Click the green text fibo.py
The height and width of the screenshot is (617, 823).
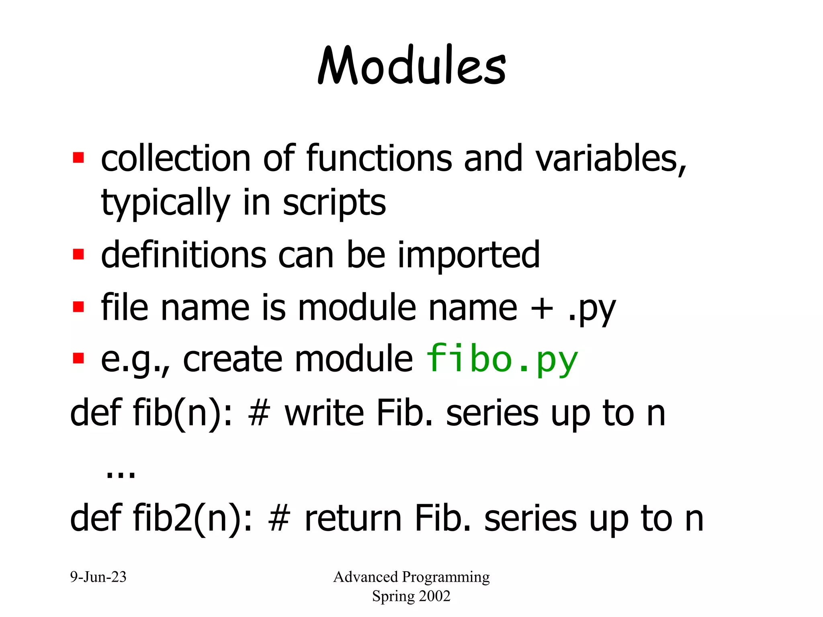click(502, 360)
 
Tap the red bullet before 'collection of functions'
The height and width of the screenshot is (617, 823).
click(78, 157)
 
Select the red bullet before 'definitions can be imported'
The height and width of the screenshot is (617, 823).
click(78, 254)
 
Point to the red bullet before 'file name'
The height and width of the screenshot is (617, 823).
click(78, 307)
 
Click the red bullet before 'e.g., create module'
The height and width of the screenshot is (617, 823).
click(78, 358)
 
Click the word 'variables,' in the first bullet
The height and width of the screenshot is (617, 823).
click(611, 159)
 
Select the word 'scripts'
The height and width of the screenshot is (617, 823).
click(334, 203)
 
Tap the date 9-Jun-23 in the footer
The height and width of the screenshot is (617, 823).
click(98, 577)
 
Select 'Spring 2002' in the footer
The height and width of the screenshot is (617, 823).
click(411, 596)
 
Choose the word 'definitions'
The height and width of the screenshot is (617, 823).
click(183, 255)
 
